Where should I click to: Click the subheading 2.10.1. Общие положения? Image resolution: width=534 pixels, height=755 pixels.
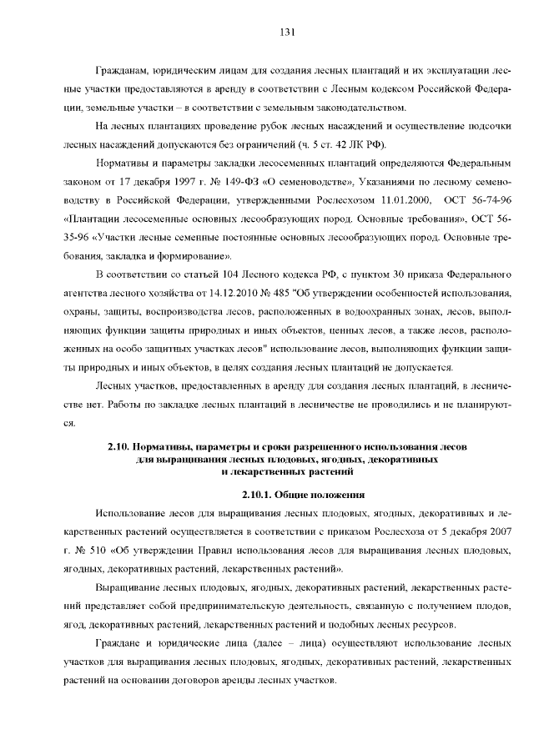tap(288, 493)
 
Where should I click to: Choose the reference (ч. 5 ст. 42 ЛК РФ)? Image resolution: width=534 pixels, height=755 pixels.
tap(339, 143)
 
